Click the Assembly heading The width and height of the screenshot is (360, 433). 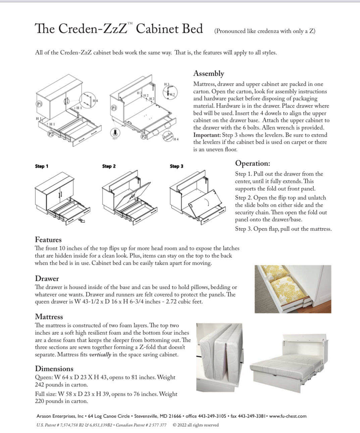coord(208,74)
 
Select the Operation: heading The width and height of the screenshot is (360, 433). coord(252,164)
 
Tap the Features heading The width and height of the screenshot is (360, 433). coord(48,240)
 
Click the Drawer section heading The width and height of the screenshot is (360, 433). coord(47,279)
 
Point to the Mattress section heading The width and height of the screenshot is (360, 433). coord(49,317)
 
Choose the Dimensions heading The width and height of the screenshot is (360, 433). coord(54,369)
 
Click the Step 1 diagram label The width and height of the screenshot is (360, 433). coord(42,166)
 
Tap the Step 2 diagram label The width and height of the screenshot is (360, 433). coord(109,166)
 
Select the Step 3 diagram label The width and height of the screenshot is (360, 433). coord(176,166)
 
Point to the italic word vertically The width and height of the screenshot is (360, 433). coord(100,355)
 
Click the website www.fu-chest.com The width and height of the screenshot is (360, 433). coord(288,416)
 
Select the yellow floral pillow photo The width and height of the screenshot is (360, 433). coord(293,289)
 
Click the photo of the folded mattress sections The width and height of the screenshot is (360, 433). coord(220,357)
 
